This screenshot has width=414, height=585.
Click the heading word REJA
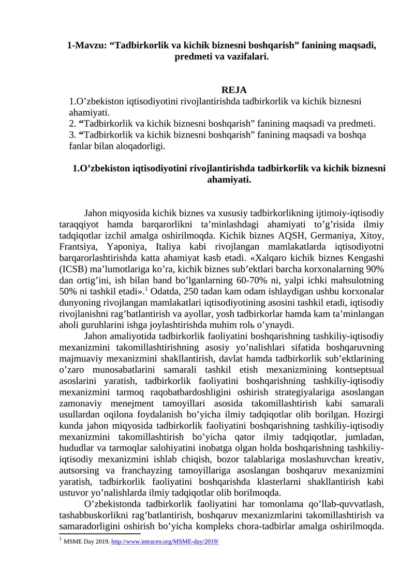coord(234,90)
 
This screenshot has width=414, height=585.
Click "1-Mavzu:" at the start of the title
coord(86,45)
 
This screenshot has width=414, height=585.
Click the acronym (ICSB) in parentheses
coord(73,269)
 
